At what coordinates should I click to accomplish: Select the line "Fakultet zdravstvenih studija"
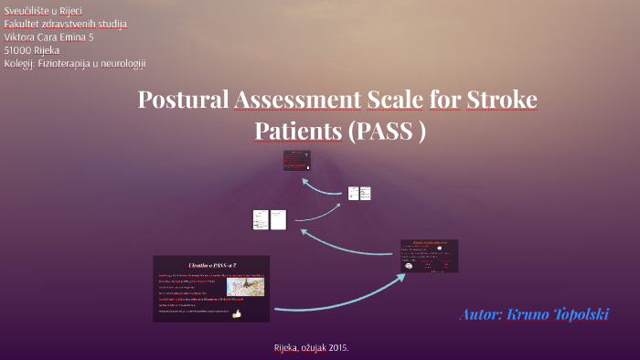(66, 23)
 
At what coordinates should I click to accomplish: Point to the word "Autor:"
(481, 314)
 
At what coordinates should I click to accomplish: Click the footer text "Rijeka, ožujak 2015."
(311, 348)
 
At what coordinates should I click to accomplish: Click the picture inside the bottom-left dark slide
(245, 287)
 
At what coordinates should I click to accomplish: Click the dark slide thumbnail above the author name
(429, 256)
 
